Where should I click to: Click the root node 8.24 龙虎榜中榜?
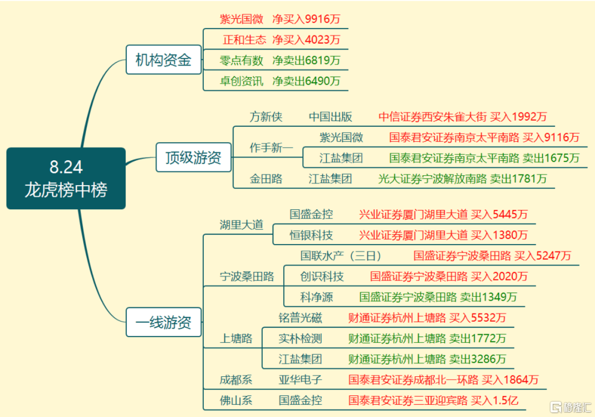pyautogui.click(x=66, y=178)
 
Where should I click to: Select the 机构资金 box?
pyautogui.click(x=164, y=59)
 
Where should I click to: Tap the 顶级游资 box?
pyautogui.click(x=193, y=158)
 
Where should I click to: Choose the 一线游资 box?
pyautogui.click(x=164, y=322)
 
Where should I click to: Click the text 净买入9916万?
pyautogui.click(x=306, y=19)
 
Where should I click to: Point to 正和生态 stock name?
pyautogui.click(x=245, y=40)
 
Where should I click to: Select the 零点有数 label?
pyautogui.click(x=241, y=60)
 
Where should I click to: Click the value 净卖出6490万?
pyautogui.click(x=306, y=81)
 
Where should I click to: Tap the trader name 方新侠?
pyautogui.click(x=266, y=116)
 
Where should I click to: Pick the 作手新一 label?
pyautogui.click(x=271, y=148)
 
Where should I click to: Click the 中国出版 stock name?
pyautogui.click(x=331, y=116)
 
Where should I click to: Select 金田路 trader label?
pyautogui.click(x=266, y=178)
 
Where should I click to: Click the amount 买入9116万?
pyautogui.click(x=551, y=137)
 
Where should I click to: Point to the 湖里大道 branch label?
pyautogui.click(x=241, y=225)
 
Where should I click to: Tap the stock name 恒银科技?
pyautogui.click(x=311, y=235)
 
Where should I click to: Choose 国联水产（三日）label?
pyautogui.click(x=341, y=256)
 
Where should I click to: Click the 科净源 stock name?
pyautogui.click(x=316, y=297)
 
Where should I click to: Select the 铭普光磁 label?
pyautogui.click(x=300, y=318)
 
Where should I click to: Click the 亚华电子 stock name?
pyautogui.click(x=300, y=380)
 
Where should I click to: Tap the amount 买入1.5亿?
pyautogui.click(x=494, y=400)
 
